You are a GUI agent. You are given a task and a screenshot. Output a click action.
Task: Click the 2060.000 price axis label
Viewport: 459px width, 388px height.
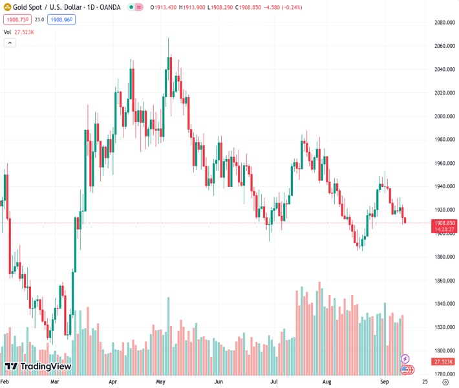click(444, 46)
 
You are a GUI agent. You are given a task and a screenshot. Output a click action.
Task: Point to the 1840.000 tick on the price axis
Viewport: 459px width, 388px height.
click(444, 304)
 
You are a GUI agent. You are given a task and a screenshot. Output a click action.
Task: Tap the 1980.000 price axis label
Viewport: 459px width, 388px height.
click(444, 140)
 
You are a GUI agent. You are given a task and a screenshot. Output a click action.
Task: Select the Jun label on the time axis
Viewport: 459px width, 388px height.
click(219, 382)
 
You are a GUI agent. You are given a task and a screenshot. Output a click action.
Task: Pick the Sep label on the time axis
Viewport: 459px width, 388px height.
click(384, 382)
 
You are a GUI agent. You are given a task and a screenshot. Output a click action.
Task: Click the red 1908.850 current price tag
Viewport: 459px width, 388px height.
click(445, 222)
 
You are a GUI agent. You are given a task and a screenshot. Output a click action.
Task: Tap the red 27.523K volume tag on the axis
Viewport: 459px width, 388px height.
click(444, 361)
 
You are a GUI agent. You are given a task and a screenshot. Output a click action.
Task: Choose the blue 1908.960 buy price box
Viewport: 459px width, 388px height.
click(62, 20)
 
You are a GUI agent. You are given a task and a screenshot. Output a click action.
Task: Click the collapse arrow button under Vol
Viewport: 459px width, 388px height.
click(10, 43)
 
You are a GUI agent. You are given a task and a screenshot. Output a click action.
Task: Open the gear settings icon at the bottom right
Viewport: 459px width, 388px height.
click(445, 382)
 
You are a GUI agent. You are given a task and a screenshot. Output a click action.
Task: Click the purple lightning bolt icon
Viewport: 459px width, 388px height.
click(405, 358)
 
